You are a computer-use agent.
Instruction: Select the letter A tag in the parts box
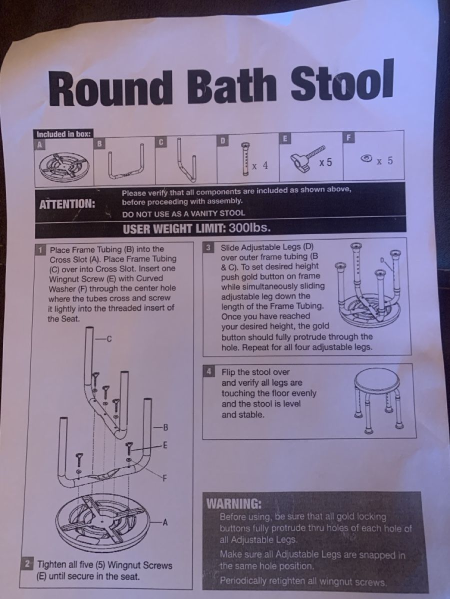click(40, 145)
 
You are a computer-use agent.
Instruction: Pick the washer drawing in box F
click(366, 158)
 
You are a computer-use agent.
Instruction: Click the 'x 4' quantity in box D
click(260, 166)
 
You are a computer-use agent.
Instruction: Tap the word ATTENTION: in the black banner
click(67, 204)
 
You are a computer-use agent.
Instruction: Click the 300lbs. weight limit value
click(249, 227)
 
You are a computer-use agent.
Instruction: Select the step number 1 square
click(40, 250)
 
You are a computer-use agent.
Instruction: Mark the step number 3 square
click(208, 248)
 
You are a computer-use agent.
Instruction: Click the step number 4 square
click(209, 372)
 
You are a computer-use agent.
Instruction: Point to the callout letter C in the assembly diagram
click(109, 339)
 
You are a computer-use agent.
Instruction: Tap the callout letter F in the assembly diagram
click(164, 478)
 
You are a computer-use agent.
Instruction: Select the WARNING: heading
click(234, 504)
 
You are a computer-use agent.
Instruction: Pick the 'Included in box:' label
click(63, 134)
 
